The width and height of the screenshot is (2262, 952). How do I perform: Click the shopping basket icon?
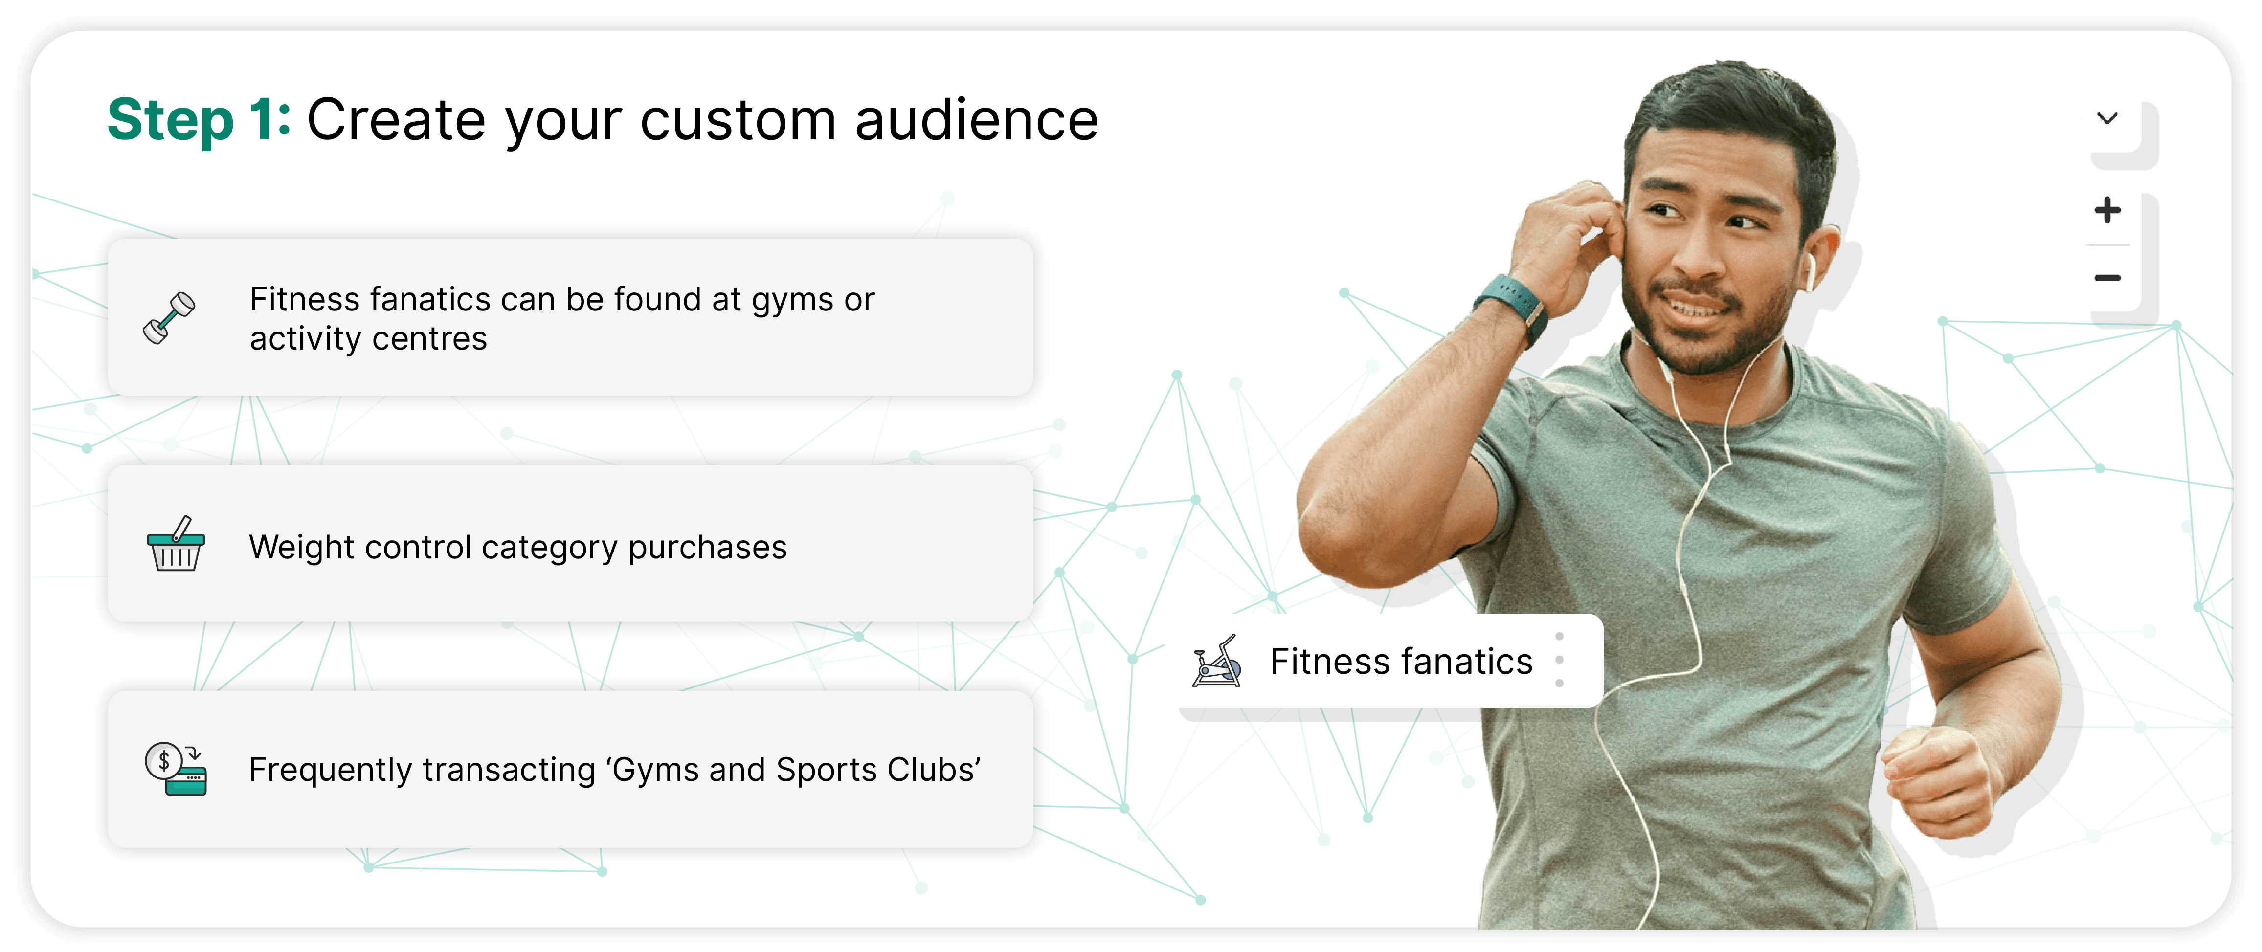[x=176, y=545]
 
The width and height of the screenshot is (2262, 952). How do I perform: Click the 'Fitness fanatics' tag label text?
[x=1401, y=661]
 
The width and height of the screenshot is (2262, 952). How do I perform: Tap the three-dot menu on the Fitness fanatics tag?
[x=1560, y=660]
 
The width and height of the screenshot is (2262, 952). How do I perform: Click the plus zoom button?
[x=2107, y=210]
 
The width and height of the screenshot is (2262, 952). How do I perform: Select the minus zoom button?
[x=2107, y=278]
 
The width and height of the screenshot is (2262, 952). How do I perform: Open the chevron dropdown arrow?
[x=2107, y=118]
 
